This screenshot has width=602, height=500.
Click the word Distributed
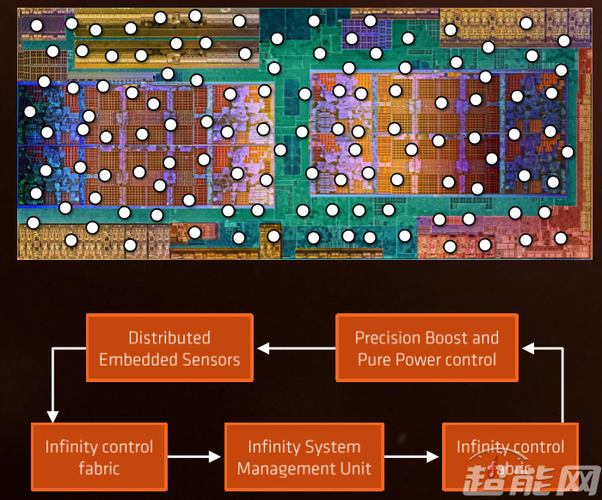[169, 338]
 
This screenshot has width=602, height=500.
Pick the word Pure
[375, 360]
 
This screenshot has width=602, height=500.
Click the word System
[331, 447]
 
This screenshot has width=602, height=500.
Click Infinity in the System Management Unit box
[273, 447]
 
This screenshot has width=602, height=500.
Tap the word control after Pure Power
[472, 360]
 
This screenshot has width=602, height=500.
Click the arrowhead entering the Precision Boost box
[530, 349]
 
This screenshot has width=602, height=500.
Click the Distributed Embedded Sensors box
[169, 348]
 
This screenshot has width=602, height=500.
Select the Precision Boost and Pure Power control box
[427, 348]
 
